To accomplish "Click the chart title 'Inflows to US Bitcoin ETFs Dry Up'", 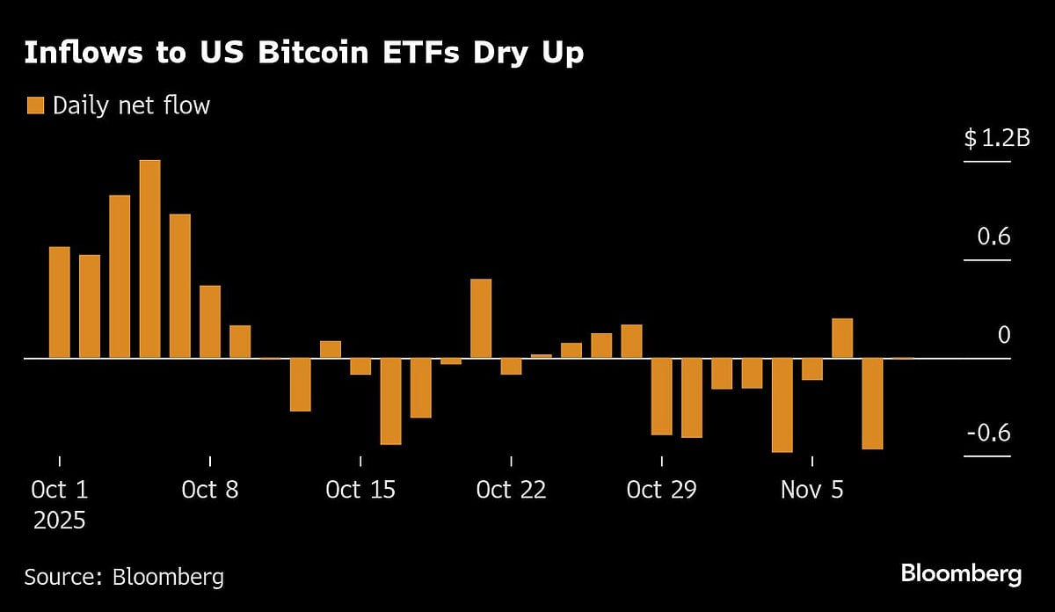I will tap(303, 53).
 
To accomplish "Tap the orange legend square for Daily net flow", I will tap(35, 106).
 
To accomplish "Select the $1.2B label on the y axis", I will tap(996, 138).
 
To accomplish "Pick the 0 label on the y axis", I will tap(1003, 335).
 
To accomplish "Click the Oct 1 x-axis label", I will tap(60, 490).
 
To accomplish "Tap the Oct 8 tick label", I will tap(210, 490).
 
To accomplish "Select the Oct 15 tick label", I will tap(360, 490).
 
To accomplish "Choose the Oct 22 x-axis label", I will tap(511, 490).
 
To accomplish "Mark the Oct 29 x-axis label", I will tap(661, 490).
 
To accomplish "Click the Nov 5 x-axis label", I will tap(811, 490).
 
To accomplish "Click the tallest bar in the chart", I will tap(150, 259).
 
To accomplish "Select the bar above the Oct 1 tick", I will tap(60, 302).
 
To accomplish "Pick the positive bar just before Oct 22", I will tap(481, 318).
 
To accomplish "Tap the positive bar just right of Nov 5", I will tap(842, 339).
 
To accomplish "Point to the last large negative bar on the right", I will tap(872, 404).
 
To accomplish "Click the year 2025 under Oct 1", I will tap(60, 521).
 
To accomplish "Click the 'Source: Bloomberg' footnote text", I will tap(124, 577).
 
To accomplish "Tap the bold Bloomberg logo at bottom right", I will tap(961, 575).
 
